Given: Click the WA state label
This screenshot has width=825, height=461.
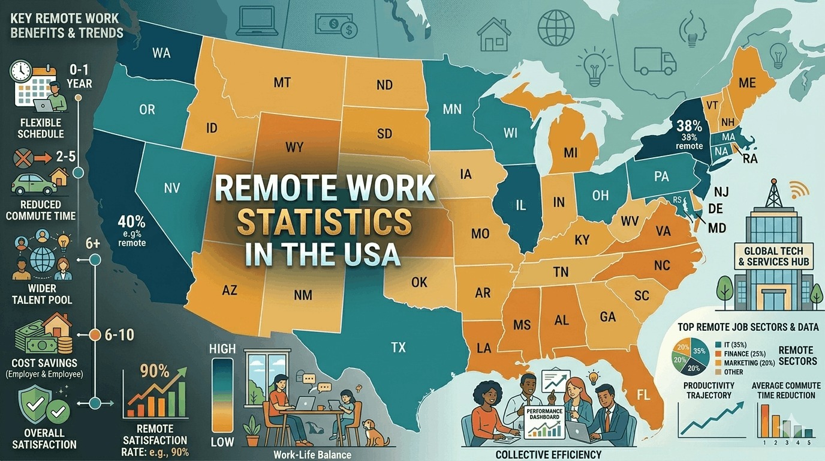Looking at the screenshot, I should (x=161, y=53).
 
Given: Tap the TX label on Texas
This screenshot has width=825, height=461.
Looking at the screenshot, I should (x=398, y=347).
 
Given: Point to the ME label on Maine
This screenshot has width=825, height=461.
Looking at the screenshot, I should (x=747, y=83).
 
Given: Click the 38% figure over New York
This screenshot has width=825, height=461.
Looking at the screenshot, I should (x=689, y=127).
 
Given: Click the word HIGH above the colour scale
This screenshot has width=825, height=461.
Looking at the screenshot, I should (x=224, y=349).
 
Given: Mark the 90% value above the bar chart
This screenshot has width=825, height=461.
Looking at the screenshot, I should (x=155, y=370).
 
